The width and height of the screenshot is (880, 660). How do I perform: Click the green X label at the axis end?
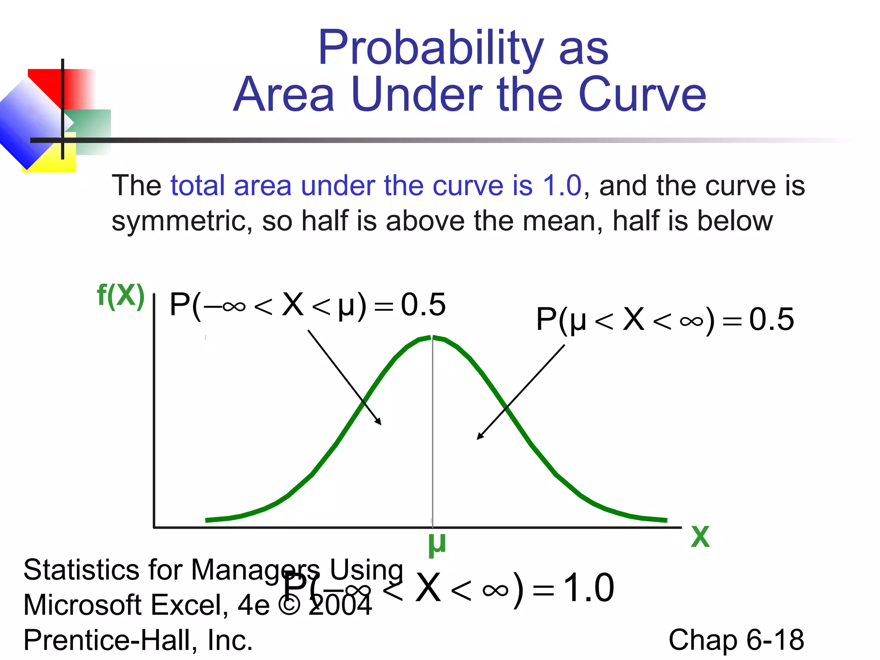coord(700,537)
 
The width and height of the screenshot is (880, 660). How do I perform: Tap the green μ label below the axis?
coord(437,544)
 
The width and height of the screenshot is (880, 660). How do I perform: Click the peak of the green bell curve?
coord(432,338)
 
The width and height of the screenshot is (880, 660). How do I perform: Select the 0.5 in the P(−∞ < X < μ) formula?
coord(423,305)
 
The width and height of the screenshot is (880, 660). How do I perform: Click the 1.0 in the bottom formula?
coord(588,588)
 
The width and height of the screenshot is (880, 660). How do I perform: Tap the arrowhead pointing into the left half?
coord(379,422)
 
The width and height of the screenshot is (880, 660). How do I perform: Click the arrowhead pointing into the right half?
coord(480,437)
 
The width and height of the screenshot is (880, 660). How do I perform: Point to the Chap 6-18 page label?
coord(736,640)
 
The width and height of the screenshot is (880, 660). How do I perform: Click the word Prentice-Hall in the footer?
coord(110,640)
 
